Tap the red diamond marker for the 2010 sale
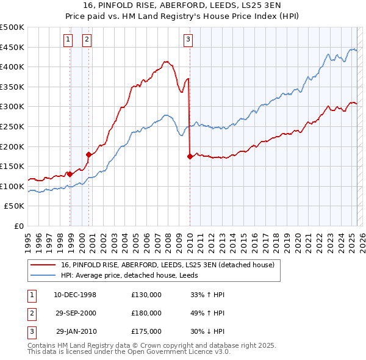(x=190, y=157)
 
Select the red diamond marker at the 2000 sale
(x=89, y=154)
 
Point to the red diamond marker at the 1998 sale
(x=70, y=174)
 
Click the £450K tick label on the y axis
(x=13, y=47)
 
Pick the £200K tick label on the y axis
(x=13, y=146)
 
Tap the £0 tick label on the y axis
(x=19, y=226)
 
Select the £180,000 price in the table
(x=146, y=313)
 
